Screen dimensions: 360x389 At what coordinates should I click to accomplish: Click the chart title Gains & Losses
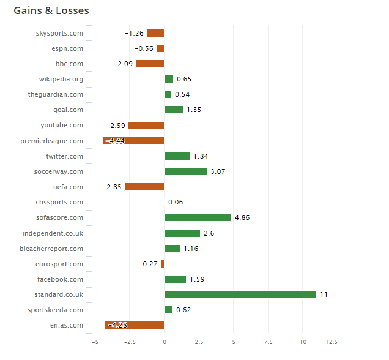[x=51, y=11]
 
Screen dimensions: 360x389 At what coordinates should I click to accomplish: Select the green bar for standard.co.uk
[x=240, y=294]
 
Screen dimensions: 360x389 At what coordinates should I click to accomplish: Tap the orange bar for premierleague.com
[x=133, y=141]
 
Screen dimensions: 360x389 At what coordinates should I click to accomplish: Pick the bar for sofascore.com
[x=198, y=217]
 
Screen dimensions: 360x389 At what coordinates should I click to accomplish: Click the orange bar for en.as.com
[x=135, y=325]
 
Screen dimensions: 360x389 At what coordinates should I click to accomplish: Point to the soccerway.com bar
[x=185, y=171]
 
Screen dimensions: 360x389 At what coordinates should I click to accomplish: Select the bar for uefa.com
[x=144, y=187]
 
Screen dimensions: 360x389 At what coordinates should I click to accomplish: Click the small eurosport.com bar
[x=162, y=264]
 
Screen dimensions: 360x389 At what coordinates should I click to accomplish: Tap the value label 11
[x=324, y=294]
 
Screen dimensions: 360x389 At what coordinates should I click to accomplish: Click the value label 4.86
[x=243, y=217]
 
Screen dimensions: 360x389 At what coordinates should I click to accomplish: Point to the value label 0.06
[x=176, y=202]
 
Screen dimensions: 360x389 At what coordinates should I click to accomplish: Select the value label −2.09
[x=123, y=64]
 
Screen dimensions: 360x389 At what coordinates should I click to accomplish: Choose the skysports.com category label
[x=59, y=33]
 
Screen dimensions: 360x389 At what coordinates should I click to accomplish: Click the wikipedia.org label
[x=61, y=79]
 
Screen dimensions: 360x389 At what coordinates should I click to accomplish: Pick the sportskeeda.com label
[x=56, y=310]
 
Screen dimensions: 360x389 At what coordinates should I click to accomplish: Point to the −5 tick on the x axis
[x=95, y=342]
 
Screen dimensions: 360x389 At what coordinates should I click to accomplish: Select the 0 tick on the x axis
[x=164, y=342]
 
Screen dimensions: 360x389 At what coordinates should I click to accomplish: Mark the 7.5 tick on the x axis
[x=268, y=342]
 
